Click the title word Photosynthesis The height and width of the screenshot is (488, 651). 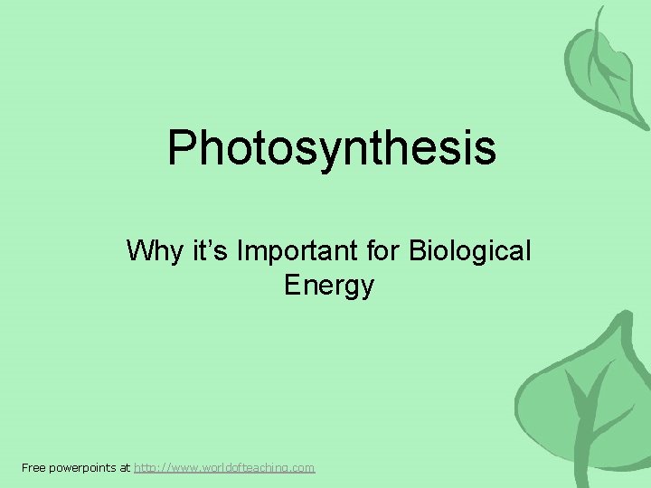331,147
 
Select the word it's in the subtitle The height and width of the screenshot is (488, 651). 200,250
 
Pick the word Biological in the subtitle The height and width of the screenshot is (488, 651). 470,250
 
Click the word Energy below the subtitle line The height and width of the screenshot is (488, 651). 328,286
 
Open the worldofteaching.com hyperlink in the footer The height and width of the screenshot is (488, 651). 224,467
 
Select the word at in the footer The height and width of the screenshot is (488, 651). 125,467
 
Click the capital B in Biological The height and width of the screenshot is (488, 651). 417,250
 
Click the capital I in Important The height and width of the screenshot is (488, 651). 239,250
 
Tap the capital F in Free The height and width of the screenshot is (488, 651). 24,467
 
